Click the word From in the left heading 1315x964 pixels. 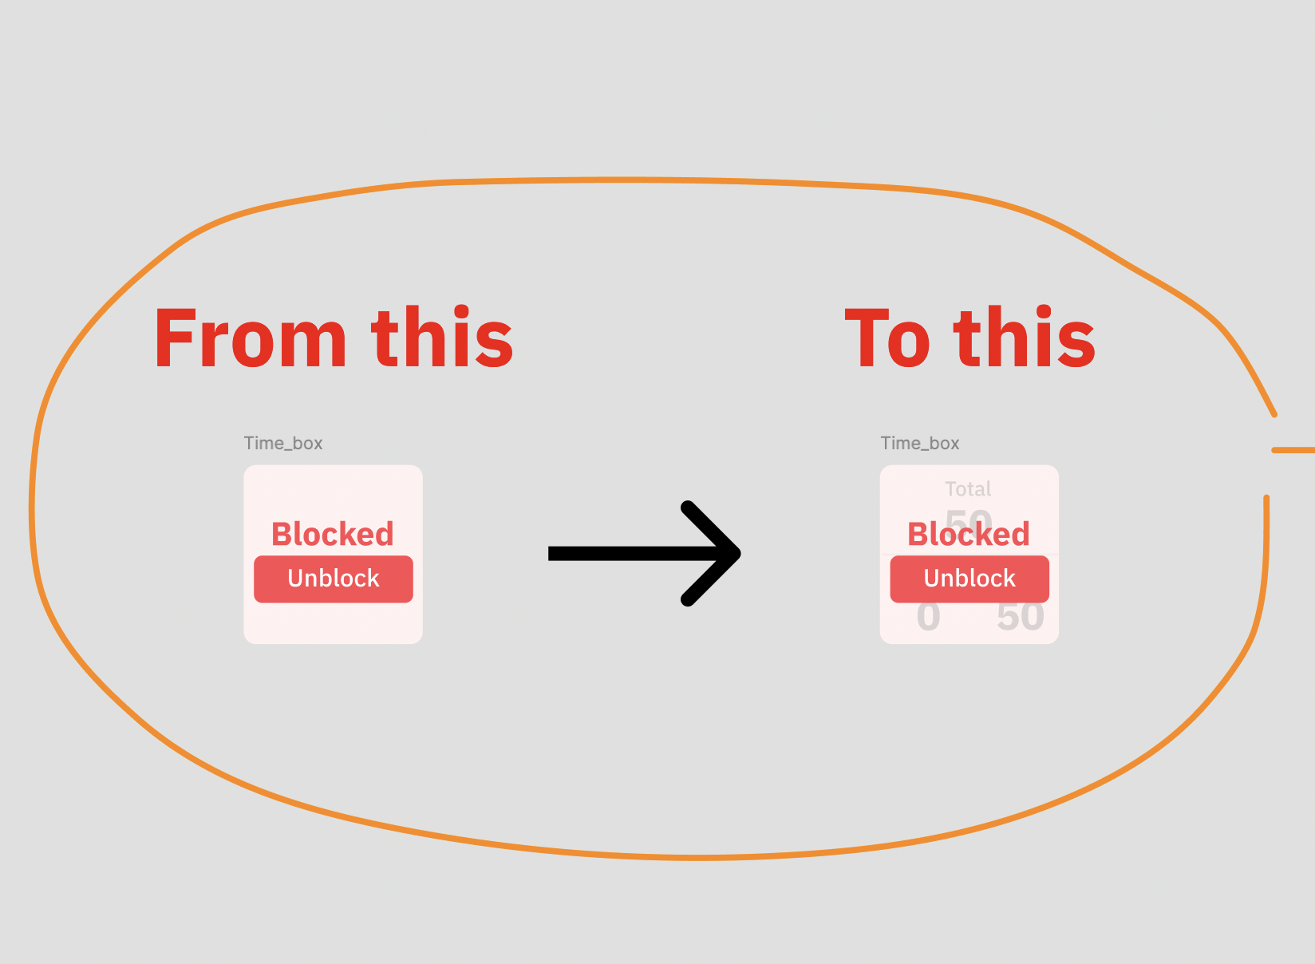point(251,338)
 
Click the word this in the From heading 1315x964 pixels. point(442,338)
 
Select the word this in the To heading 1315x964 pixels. point(1025,338)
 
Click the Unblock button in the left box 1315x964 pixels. point(334,579)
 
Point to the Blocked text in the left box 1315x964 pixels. point(333,534)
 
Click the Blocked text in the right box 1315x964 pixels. point(969,534)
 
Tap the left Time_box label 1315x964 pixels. point(283,443)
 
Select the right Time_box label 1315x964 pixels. point(920,443)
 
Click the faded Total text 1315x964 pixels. point(968,488)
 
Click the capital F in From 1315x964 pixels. point(175,338)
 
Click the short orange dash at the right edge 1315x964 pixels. point(1293,450)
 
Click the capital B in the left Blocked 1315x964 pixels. point(282,534)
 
